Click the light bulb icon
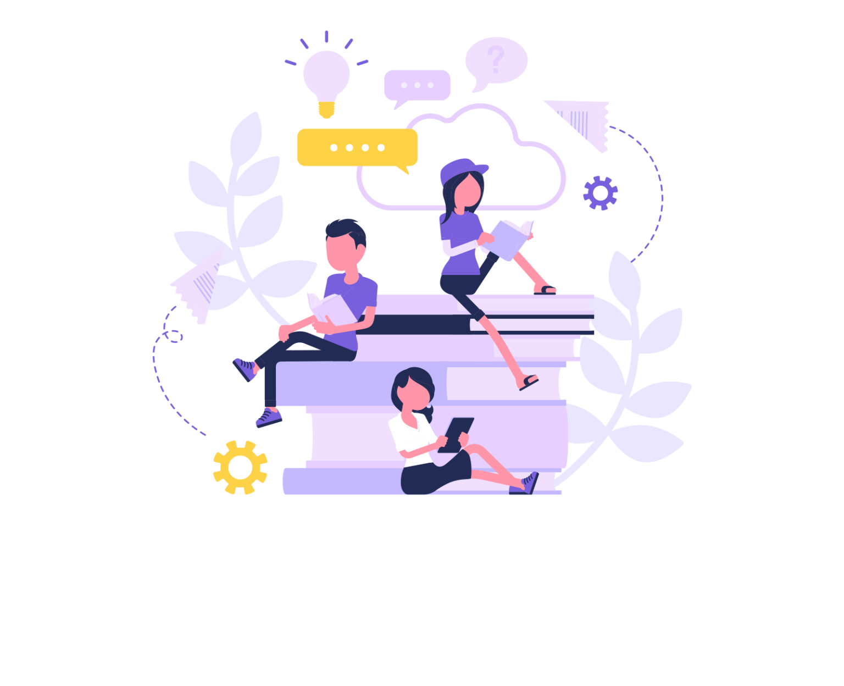point(326,77)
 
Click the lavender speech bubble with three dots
point(417,85)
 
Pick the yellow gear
point(240,467)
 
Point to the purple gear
point(600,193)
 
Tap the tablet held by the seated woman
point(457,434)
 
